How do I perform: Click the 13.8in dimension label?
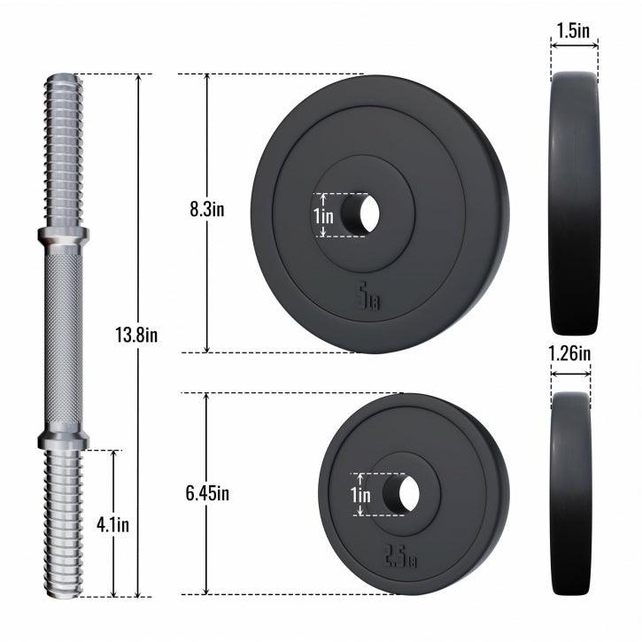click(x=136, y=335)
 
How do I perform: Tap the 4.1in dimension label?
click(x=112, y=524)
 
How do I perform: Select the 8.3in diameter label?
click(x=207, y=209)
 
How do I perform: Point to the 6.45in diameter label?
click(x=207, y=493)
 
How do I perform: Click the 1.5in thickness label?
click(x=573, y=30)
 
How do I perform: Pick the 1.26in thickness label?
click(x=569, y=353)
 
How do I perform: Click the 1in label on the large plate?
click(x=324, y=216)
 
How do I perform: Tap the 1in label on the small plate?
click(x=360, y=495)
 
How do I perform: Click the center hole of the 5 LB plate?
click(x=360, y=213)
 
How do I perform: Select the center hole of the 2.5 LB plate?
click(x=401, y=494)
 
